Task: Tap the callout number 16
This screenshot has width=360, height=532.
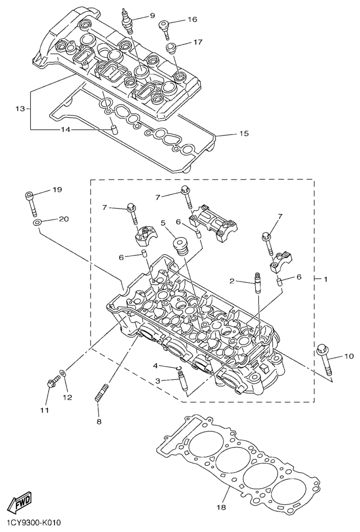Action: [x=192, y=20]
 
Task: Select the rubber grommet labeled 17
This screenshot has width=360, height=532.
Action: [x=171, y=49]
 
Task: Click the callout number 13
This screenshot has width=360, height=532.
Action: [x=20, y=109]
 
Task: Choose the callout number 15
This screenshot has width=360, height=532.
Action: [x=244, y=134]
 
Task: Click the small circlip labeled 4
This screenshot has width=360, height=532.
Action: [x=180, y=367]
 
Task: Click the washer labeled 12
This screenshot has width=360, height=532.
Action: [x=64, y=375]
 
